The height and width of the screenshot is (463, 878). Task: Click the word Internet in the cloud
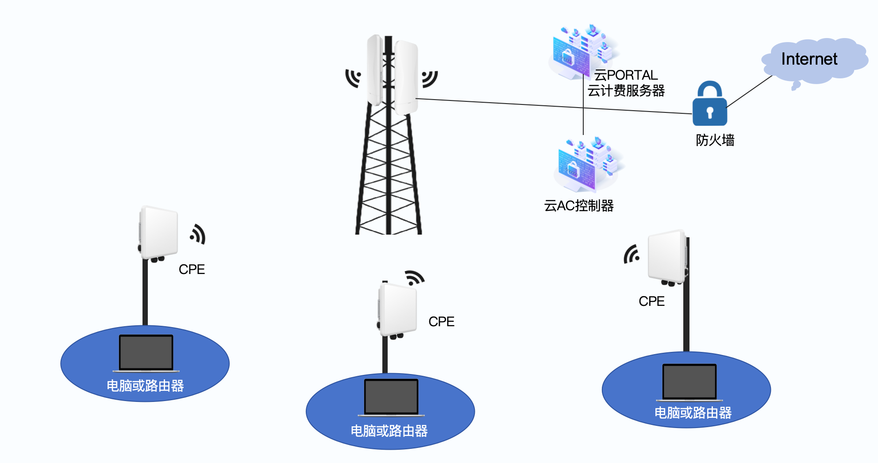(x=809, y=59)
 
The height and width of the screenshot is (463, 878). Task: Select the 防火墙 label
(x=715, y=140)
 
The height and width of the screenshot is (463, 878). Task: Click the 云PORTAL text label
(x=626, y=75)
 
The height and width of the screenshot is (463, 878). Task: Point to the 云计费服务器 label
(x=626, y=91)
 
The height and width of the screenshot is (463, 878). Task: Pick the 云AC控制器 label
(x=578, y=206)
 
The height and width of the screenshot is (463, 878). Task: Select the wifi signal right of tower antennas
(x=429, y=78)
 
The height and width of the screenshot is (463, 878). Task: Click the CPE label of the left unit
(x=192, y=269)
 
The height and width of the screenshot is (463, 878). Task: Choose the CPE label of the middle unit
(x=441, y=321)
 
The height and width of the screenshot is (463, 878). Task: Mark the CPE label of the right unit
(x=651, y=301)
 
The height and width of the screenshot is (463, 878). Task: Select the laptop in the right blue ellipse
(x=689, y=382)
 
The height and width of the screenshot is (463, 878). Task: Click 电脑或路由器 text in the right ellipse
(x=693, y=413)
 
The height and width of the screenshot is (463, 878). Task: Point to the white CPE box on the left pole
(x=159, y=232)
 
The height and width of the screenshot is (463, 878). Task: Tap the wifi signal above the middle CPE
(x=415, y=278)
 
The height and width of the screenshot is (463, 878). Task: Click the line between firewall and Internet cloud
(x=750, y=91)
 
